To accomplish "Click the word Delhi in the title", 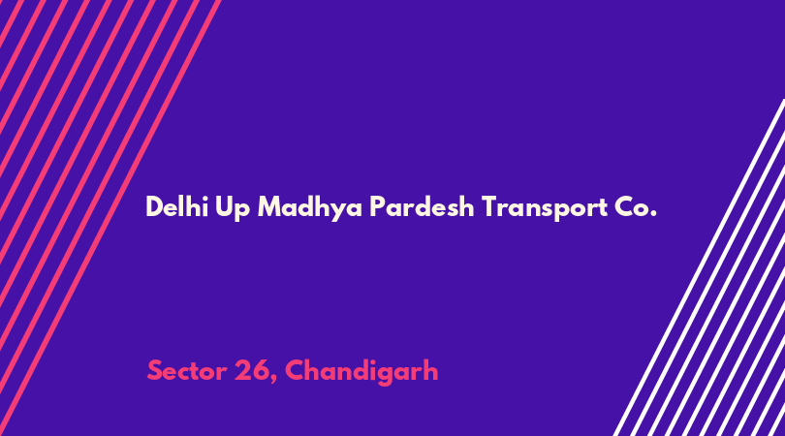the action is pyautogui.click(x=176, y=206).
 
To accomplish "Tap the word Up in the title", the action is pyautogui.click(x=233, y=208).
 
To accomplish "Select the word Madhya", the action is pyautogui.click(x=309, y=207).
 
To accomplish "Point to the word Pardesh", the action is pyautogui.click(x=422, y=206).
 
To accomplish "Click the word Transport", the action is pyautogui.click(x=545, y=207).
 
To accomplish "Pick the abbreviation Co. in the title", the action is pyautogui.click(x=636, y=206).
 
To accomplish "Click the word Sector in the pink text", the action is pyautogui.click(x=187, y=371).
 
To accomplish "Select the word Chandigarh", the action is pyautogui.click(x=361, y=372).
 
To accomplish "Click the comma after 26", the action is pyautogui.click(x=273, y=381).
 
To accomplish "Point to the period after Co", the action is pyautogui.click(x=653, y=214).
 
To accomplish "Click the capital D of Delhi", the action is pyautogui.click(x=154, y=206).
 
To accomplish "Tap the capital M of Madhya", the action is pyautogui.click(x=268, y=206).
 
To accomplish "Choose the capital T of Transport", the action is pyautogui.click(x=489, y=206).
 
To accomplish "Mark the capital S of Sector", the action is pyautogui.click(x=154, y=371).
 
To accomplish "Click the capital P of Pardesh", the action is pyautogui.click(x=377, y=206).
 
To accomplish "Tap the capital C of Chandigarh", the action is pyautogui.click(x=295, y=371).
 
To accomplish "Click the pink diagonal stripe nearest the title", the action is pyautogui.click(x=112, y=216).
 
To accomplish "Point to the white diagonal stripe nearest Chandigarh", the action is pyautogui.click(x=699, y=267).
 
